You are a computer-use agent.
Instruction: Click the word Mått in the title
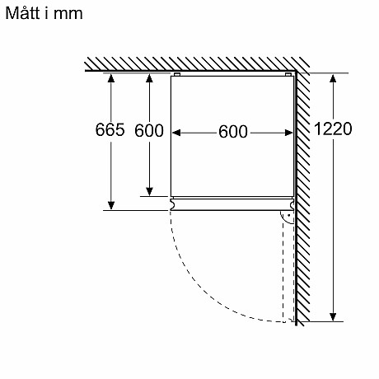pyautogui.click(x=24, y=15)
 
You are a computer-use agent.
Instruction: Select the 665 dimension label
pyautogui.click(x=110, y=131)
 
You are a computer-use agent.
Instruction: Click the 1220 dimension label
pyautogui.click(x=333, y=129)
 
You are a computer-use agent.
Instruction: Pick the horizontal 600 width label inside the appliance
pyautogui.click(x=232, y=132)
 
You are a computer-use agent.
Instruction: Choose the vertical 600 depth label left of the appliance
pyautogui.click(x=149, y=131)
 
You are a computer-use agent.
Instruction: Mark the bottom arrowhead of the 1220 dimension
pyautogui.click(x=333, y=315)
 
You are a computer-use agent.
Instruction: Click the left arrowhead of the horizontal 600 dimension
pyautogui.click(x=176, y=132)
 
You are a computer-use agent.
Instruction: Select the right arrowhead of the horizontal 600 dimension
pyautogui.click(x=290, y=132)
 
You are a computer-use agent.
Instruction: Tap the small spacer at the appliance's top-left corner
pyautogui.click(x=175, y=75)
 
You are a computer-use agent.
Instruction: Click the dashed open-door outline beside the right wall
pyautogui.click(x=288, y=272)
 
